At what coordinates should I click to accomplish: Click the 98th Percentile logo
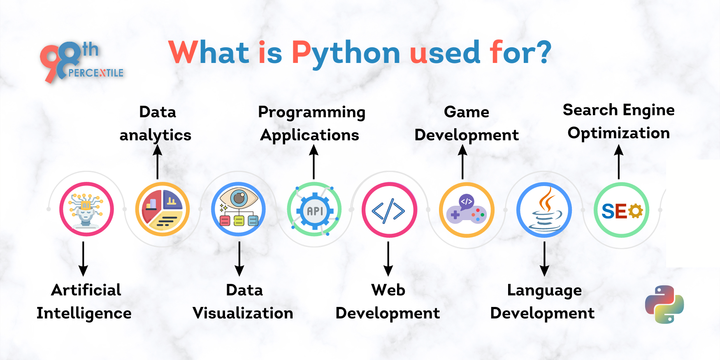tap(80, 62)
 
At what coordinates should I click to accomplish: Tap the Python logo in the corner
tap(664, 304)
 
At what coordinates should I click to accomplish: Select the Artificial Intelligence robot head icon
tap(86, 209)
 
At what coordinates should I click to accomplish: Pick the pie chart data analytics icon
tap(163, 209)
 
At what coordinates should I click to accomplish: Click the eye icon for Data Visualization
tap(238, 209)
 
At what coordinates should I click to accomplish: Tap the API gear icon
tap(314, 210)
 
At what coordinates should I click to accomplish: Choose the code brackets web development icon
tap(389, 210)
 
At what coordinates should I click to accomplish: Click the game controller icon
tap(467, 210)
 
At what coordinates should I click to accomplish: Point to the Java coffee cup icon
tap(544, 210)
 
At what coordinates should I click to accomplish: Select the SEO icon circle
tap(621, 210)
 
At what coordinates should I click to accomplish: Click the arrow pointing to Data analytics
tap(157, 163)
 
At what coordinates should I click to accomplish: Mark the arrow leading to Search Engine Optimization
tap(619, 163)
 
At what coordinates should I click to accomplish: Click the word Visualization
tap(243, 313)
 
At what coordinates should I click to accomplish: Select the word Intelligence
tap(84, 314)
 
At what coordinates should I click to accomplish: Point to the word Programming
tap(311, 112)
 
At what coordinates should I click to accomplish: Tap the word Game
tap(467, 112)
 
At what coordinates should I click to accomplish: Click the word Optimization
tap(619, 133)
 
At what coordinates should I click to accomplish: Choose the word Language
tap(544, 290)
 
